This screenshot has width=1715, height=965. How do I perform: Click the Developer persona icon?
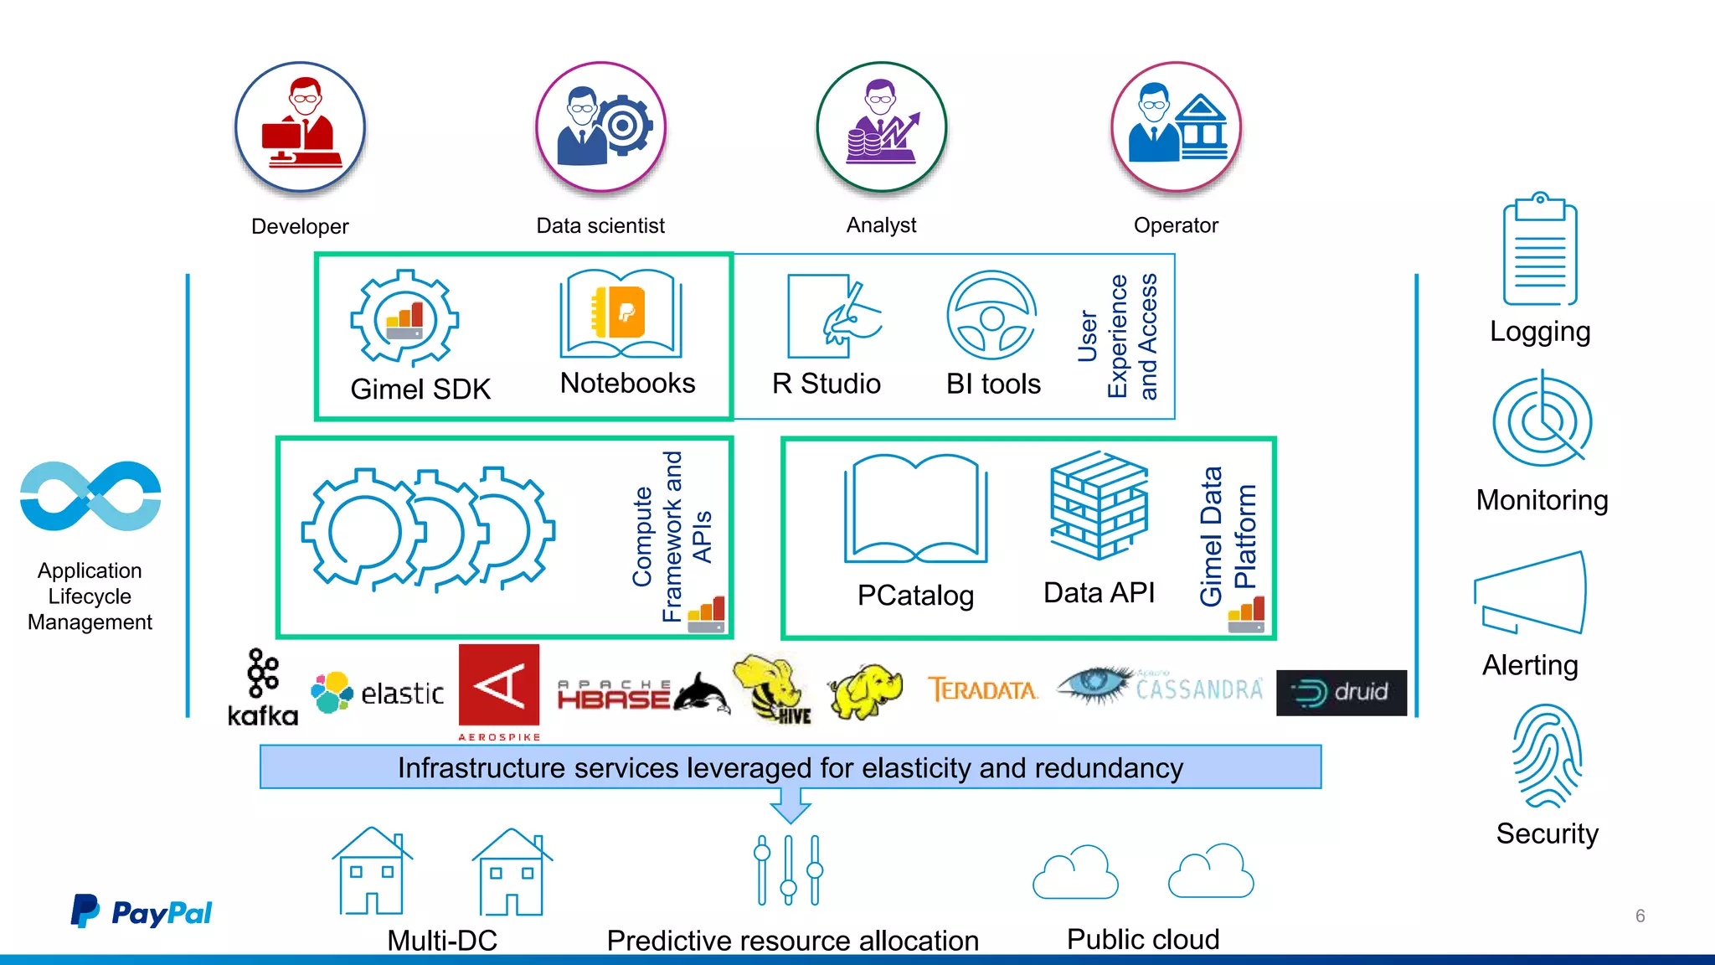point(300,127)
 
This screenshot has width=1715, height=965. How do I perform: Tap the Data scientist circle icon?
point(600,126)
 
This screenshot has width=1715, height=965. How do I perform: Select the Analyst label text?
point(881,225)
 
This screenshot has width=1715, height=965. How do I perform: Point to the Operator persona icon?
point(1176,126)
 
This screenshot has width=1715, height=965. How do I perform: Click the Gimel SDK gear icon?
point(404,318)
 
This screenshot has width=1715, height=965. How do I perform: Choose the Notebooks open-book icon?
point(621,314)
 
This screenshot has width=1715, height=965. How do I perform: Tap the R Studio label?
point(826,384)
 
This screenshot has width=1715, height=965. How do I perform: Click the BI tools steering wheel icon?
point(991,316)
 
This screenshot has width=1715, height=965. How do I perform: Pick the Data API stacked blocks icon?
point(1099,505)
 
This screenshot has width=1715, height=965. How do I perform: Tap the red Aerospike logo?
point(499,687)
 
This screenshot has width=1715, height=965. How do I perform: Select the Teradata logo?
point(982,690)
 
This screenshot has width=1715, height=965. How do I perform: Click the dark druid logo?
point(1341,693)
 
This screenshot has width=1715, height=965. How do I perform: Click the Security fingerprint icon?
point(1547,756)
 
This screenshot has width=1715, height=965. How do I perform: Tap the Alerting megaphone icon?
point(1531,594)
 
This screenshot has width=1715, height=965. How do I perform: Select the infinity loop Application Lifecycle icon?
point(90,496)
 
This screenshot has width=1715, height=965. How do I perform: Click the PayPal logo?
point(142,911)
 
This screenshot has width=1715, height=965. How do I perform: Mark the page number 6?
point(1640,916)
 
